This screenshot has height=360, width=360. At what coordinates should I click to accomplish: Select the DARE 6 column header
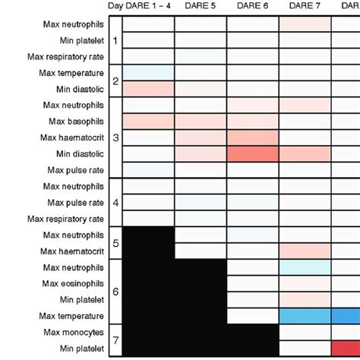click(x=252, y=7)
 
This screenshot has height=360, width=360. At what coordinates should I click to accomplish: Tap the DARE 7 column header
click(x=305, y=7)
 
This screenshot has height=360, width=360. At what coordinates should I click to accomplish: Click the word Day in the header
click(x=116, y=7)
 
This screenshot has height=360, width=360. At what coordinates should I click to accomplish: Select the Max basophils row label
click(x=75, y=122)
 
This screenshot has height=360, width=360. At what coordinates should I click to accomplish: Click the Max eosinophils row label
click(x=74, y=283)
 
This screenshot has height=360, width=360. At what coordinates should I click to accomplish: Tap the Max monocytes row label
click(x=74, y=332)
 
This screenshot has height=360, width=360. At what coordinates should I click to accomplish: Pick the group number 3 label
click(x=115, y=137)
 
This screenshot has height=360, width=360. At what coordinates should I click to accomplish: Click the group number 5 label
click(x=115, y=243)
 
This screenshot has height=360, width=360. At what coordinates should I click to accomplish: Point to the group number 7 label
click(x=115, y=340)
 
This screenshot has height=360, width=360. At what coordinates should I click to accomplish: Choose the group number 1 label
click(x=115, y=40)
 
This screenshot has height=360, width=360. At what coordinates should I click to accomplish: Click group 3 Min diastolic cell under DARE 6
click(x=253, y=153)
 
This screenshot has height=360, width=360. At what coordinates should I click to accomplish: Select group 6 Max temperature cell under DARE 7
click(x=305, y=315)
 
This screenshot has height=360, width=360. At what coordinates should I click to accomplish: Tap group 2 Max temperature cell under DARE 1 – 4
click(x=148, y=73)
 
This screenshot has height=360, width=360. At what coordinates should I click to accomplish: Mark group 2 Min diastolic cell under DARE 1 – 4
click(x=148, y=89)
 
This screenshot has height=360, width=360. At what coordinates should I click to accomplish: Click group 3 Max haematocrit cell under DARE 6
click(x=253, y=137)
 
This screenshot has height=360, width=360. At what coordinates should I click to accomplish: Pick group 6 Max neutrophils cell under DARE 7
click(x=305, y=267)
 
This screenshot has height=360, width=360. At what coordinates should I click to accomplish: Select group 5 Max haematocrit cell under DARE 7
click(x=305, y=251)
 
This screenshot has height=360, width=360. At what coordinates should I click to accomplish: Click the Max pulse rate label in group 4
click(x=74, y=203)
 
